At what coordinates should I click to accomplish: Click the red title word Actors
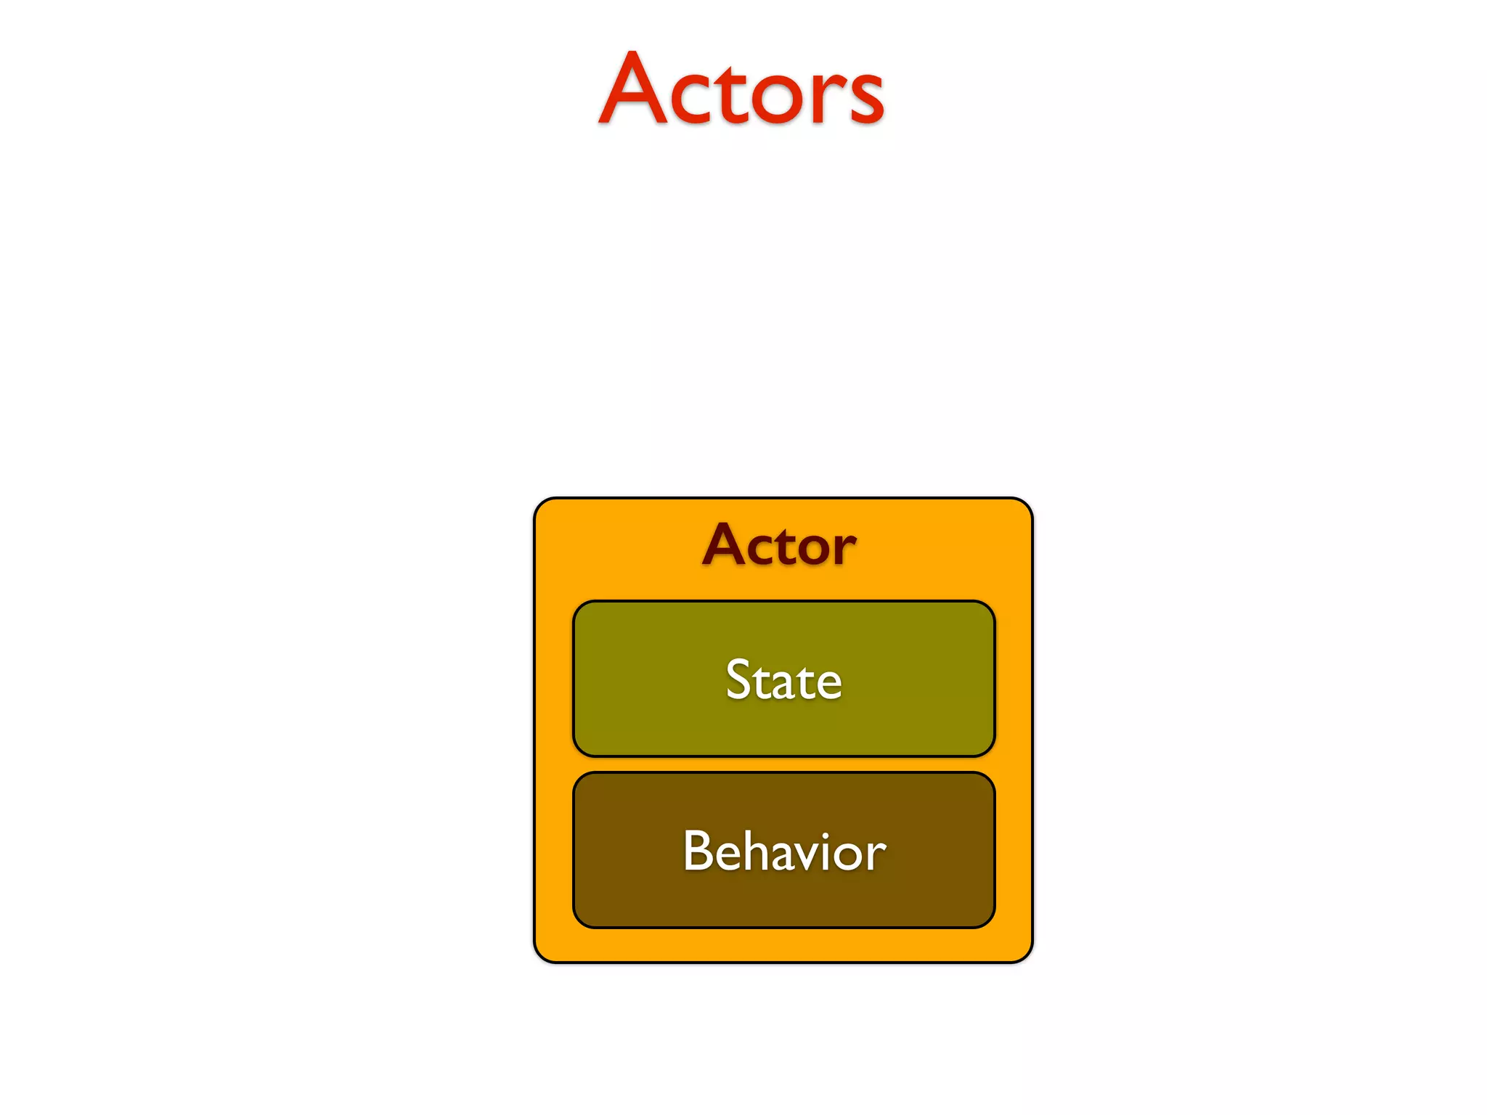pyautogui.click(x=741, y=91)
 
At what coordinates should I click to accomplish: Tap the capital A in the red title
pyautogui.click(x=632, y=91)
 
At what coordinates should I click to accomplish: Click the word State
pyautogui.click(x=783, y=680)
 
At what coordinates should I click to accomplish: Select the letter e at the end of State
pyautogui.click(x=826, y=685)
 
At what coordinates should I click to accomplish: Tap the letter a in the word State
pyautogui.click(x=775, y=685)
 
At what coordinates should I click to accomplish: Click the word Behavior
pyautogui.click(x=784, y=851)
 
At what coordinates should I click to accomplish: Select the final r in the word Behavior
pyautogui.click(x=877, y=855)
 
